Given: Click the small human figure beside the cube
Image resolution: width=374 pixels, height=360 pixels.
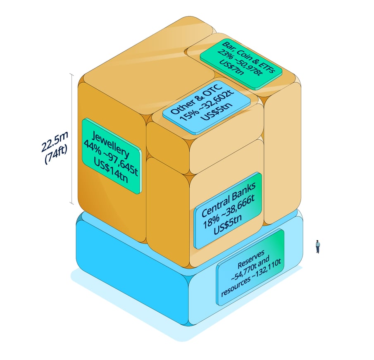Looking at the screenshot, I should coord(318,247).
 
